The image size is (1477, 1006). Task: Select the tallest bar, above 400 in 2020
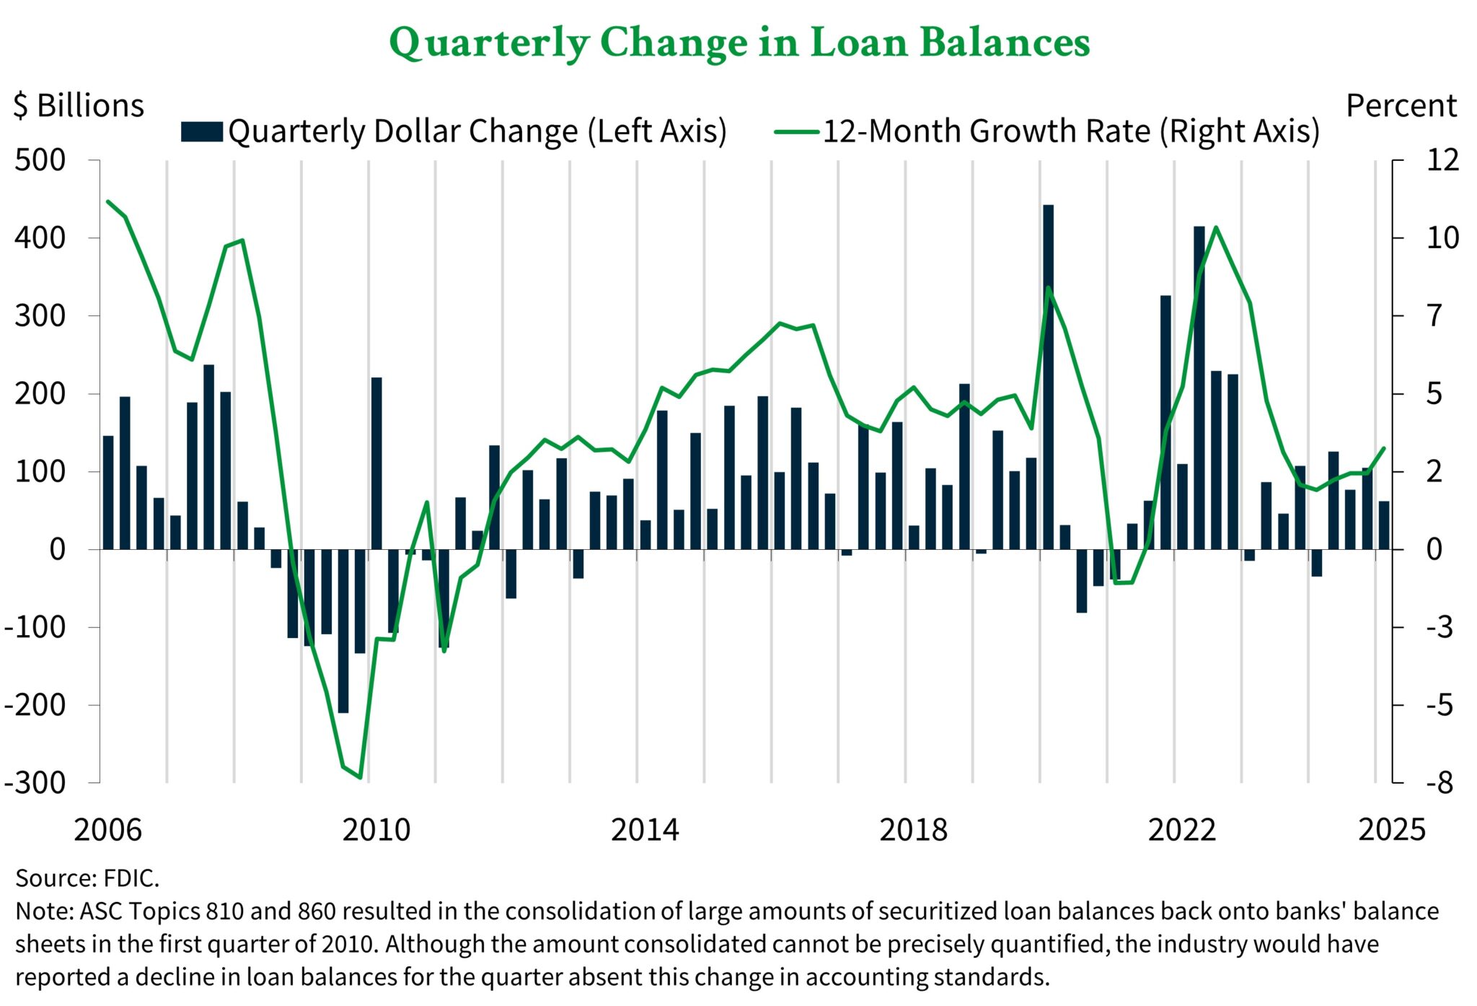click(x=1049, y=375)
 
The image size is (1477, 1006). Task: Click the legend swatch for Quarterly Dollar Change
click(x=201, y=132)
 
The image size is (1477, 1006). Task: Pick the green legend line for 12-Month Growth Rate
click(x=796, y=132)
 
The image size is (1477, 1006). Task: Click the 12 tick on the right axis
click(x=1442, y=160)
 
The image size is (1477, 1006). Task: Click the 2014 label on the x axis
click(x=645, y=830)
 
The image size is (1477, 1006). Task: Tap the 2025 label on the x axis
click(x=1392, y=830)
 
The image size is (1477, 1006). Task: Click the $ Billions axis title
click(x=79, y=106)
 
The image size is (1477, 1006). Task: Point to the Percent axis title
click(x=1401, y=106)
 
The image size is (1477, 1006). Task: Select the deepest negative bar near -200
click(x=343, y=631)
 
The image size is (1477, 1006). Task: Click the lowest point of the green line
click(x=360, y=778)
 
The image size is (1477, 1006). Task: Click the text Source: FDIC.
click(x=87, y=878)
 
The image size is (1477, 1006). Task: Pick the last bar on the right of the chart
click(x=1384, y=525)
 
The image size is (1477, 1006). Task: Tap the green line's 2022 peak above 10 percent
click(x=1216, y=227)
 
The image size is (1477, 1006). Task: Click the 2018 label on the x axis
click(x=913, y=830)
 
